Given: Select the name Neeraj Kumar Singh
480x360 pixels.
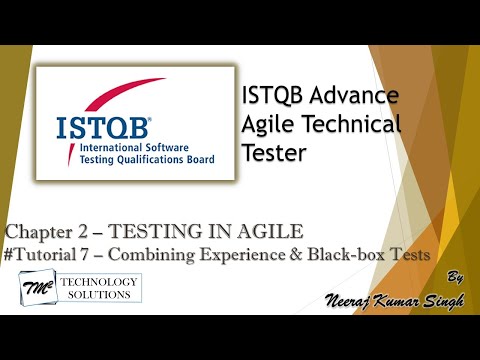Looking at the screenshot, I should point(385,299).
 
